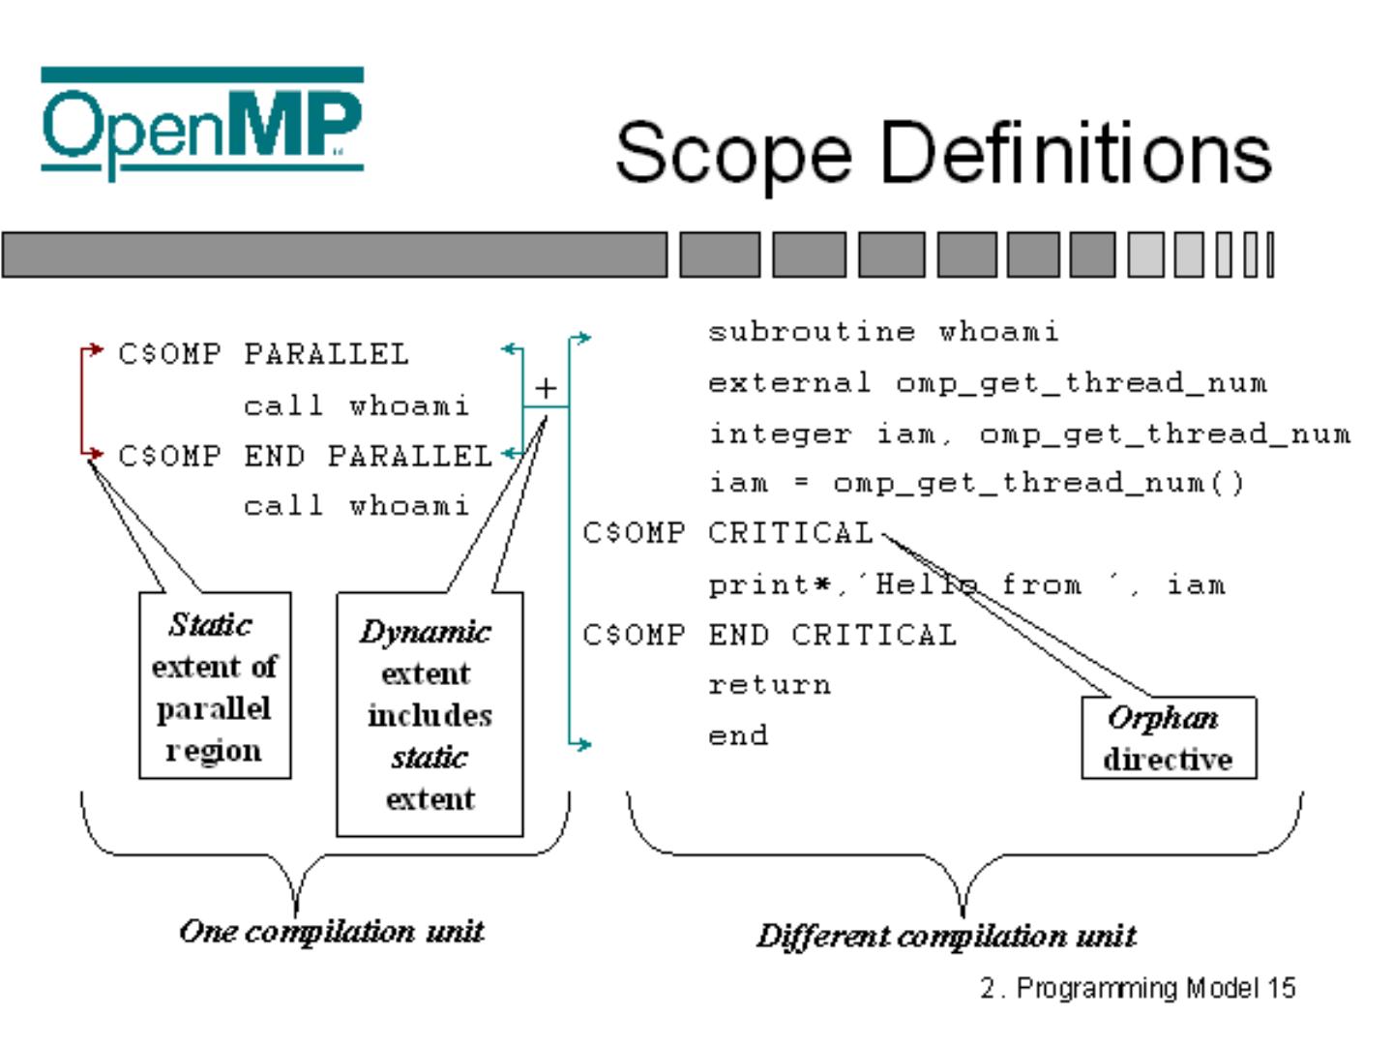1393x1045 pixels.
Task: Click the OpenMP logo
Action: [202, 121]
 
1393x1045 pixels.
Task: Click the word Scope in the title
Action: [732, 153]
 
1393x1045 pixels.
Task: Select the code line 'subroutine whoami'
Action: [883, 332]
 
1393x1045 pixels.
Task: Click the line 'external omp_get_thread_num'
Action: [987, 383]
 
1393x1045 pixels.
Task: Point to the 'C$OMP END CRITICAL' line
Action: [770, 635]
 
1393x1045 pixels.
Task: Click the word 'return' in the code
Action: [769, 685]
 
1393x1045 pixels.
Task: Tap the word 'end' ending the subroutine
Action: [738, 735]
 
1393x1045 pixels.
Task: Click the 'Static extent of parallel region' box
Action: [215, 686]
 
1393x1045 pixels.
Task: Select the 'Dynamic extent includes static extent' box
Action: [429, 714]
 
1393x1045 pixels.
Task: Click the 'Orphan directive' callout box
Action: [1168, 737]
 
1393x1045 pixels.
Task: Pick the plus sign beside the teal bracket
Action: [546, 388]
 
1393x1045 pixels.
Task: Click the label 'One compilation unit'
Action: [331, 931]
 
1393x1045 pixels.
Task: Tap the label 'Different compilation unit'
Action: [946, 936]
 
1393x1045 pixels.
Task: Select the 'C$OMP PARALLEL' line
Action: [263, 354]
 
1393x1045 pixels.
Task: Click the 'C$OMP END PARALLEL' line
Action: [305, 455]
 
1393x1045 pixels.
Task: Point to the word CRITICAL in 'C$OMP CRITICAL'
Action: [790, 533]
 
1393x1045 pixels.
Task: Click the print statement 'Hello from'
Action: [965, 584]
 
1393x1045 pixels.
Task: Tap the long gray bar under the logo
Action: [334, 255]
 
